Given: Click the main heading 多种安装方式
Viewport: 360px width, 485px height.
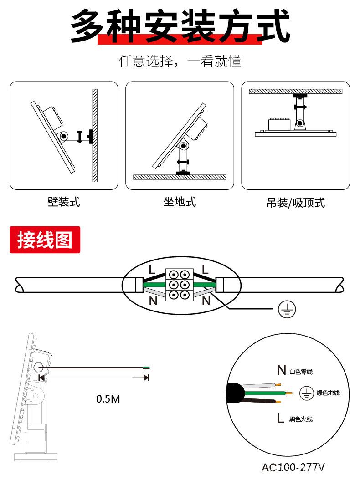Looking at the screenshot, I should (180, 26).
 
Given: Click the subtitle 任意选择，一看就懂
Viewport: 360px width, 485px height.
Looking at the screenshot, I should (180, 61).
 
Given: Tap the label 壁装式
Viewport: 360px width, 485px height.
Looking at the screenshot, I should (64, 202).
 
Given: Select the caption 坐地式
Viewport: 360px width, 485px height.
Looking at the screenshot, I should (180, 202).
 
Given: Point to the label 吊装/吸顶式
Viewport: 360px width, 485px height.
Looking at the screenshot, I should (296, 203).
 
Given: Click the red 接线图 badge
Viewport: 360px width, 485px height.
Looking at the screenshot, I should (45, 240).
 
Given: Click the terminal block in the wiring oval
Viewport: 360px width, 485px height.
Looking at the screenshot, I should (179, 285).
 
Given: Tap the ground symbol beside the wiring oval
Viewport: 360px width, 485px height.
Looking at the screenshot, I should (287, 309).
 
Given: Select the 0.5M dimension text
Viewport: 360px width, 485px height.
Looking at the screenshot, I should (108, 399).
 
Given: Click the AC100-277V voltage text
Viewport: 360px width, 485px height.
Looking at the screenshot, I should (293, 467).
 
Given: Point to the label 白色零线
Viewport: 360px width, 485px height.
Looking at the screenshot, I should (301, 372).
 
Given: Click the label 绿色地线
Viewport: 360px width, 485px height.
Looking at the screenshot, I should (328, 393).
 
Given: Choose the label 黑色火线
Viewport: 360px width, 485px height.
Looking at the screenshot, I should (301, 419).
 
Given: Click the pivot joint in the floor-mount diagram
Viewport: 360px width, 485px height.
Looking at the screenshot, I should (183, 147).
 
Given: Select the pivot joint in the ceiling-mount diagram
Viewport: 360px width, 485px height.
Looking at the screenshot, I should (299, 123).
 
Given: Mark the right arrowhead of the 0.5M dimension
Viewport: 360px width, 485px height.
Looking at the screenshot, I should (146, 378).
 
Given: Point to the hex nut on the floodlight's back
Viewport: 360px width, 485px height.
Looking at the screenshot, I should (39, 367).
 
